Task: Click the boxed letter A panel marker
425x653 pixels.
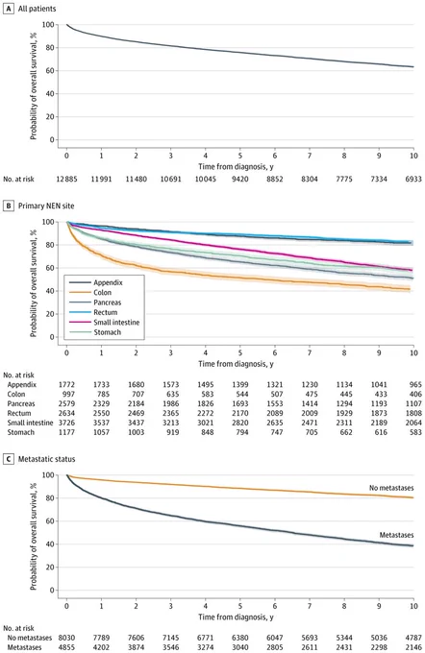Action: point(9,9)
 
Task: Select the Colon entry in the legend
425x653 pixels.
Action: point(102,292)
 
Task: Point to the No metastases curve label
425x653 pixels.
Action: point(391,488)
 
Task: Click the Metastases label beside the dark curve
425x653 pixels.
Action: point(396,535)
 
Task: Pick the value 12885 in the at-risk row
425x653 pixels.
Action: point(66,179)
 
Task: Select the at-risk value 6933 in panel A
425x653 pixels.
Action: point(412,179)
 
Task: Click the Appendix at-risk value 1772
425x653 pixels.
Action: point(66,384)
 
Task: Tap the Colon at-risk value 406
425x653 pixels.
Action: point(415,394)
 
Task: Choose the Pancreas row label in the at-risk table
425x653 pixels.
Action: point(21,403)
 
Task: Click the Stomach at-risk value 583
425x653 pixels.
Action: point(415,432)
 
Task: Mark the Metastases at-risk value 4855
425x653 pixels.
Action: point(66,647)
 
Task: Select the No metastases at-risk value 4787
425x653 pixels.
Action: point(413,638)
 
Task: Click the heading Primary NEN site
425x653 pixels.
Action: point(46,206)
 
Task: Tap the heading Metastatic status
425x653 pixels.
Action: point(47,459)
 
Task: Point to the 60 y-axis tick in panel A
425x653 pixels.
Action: point(50,71)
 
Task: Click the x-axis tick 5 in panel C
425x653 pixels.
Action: point(240,606)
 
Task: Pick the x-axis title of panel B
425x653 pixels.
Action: point(236,364)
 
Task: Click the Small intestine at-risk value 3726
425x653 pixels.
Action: point(66,423)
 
